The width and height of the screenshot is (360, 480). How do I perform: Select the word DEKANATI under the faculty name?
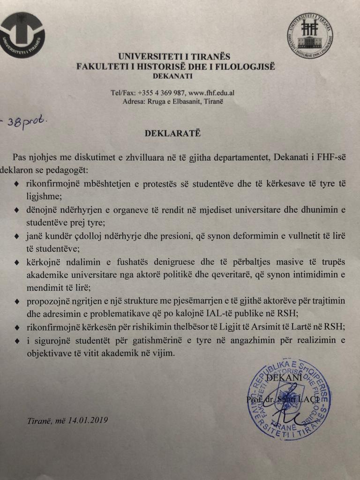[172, 76]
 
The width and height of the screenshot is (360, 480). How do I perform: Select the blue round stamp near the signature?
[289, 398]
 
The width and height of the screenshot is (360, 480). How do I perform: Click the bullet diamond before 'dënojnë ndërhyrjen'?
[17, 210]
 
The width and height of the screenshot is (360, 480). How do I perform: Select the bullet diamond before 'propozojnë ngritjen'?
[17, 301]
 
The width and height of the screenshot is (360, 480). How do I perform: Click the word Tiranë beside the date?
[39, 420]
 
